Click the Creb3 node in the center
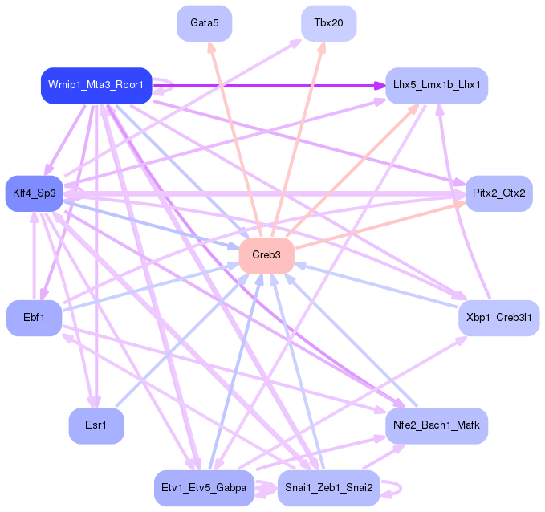266,254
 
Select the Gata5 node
204,22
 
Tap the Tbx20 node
328,22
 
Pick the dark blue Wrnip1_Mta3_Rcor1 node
96,85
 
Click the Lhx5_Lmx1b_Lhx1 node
437,85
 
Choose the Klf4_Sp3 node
34,193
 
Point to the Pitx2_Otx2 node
498,193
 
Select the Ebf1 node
34,318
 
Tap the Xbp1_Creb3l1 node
498,318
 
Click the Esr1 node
96,425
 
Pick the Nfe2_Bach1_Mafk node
437,425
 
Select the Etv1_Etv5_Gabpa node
204,488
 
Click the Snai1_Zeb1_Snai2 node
328,488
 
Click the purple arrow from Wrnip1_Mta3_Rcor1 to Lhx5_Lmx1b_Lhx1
265,84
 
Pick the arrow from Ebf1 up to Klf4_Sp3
34,257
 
